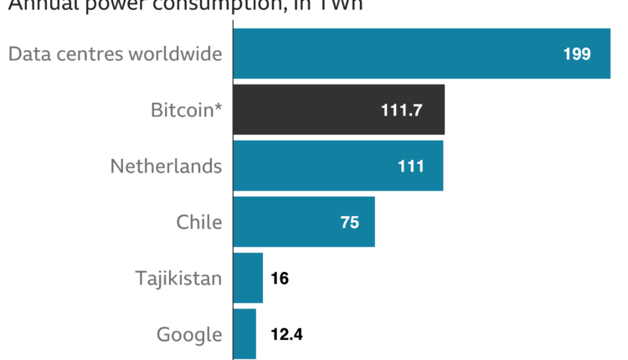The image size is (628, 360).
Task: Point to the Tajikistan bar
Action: (248, 278)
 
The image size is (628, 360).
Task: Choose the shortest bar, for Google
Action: (245, 334)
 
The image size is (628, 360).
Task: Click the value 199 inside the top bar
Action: (577, 54)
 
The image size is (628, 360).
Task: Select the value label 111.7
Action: (401, 111)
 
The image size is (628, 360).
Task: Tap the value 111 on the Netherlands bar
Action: (410, 167)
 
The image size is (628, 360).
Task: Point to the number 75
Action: (349, 223)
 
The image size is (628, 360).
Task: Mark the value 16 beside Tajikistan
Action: (281, 279)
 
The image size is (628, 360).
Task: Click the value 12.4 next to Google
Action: (286, 335)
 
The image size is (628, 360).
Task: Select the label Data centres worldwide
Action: (115, 54)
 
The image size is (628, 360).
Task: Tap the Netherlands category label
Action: (166, 167)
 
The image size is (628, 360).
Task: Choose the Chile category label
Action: (198, 223)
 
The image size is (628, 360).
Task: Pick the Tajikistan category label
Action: (178, 279)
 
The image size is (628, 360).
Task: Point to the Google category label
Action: (189, 335)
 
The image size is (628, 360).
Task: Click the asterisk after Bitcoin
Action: (219, 107)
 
